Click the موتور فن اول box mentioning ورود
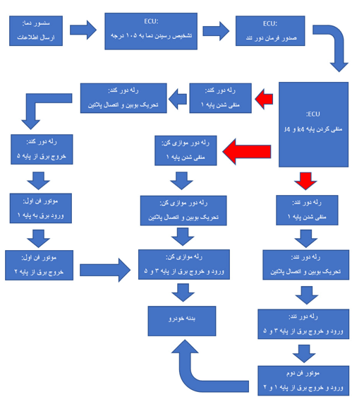(42, 208)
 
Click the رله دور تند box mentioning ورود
(304, 324)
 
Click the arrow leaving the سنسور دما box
(83, 30)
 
